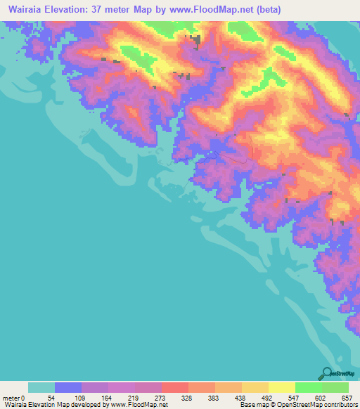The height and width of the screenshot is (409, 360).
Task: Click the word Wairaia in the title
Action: click(25, 8)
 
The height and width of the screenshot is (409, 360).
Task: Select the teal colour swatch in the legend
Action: click(41, 388)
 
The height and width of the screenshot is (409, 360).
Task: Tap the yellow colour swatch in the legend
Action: click(282, 388)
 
